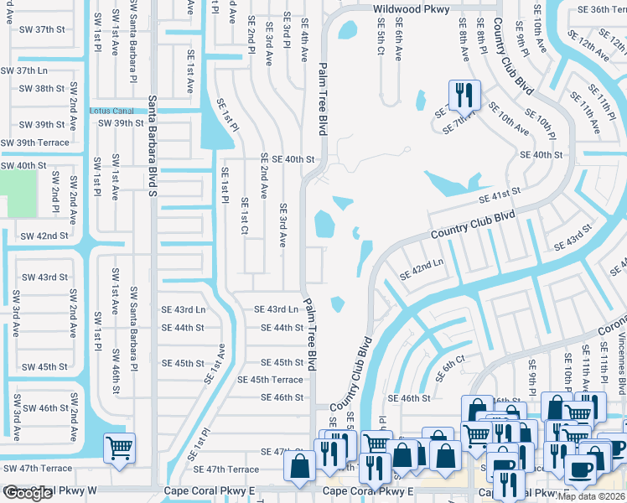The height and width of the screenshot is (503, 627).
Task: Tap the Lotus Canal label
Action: [x=111, y=111]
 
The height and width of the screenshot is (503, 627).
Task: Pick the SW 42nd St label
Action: [x=44, y=236]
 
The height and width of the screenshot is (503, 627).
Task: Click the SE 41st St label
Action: [x=499, y=195]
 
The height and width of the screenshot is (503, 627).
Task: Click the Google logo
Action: [x=28, y=493]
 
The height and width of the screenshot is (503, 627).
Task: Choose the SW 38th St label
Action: [x=41, y=88]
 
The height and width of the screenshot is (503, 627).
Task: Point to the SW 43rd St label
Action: [x=44, y=277]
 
